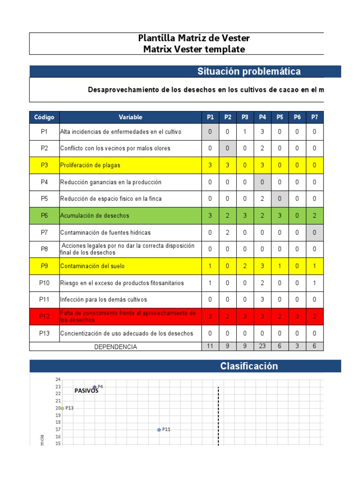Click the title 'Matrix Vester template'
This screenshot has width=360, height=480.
click(x=194, y=49)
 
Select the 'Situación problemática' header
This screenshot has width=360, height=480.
click(x=249, y=71)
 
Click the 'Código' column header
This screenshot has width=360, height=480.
click(x=44, y=117)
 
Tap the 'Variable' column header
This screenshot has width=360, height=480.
click(x=130, y=117)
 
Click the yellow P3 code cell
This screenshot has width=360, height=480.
click(x=44, y=165)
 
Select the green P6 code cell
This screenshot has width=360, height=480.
click(x=44, y=216)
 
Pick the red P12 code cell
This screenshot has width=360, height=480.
click(x=44, y=316)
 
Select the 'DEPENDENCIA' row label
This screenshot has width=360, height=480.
click(x=116, y=347)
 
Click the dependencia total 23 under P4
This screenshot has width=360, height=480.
click(x=262, y=346)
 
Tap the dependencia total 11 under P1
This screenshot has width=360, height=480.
click(x=210, y=346)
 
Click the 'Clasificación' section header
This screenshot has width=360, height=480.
click(x=249, y=367)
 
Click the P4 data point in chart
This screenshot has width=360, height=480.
click(x=95, y=387)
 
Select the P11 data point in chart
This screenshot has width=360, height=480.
click(x=159, y=430)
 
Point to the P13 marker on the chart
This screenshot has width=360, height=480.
click(x=62, y=408)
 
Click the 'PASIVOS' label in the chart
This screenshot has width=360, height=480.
click(x=86, y=391)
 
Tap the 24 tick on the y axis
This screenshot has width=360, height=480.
click(x=58, y=379)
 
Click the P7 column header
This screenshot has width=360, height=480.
click(x=315, y=117)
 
